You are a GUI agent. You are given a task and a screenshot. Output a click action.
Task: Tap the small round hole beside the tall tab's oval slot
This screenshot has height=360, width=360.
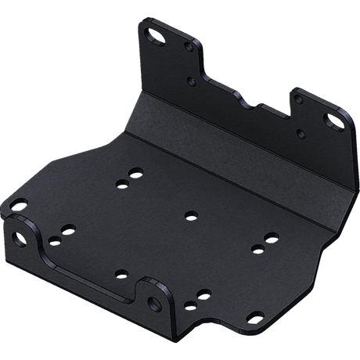[x=189, y=48]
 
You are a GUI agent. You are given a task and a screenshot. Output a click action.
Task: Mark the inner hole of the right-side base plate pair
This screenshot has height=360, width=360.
[x=257, y=248]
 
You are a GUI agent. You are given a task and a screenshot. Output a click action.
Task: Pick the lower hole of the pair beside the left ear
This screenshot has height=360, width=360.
[x=52, y=243]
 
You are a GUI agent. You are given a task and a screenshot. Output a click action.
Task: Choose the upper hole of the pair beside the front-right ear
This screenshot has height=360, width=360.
[x=203, y=293]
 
